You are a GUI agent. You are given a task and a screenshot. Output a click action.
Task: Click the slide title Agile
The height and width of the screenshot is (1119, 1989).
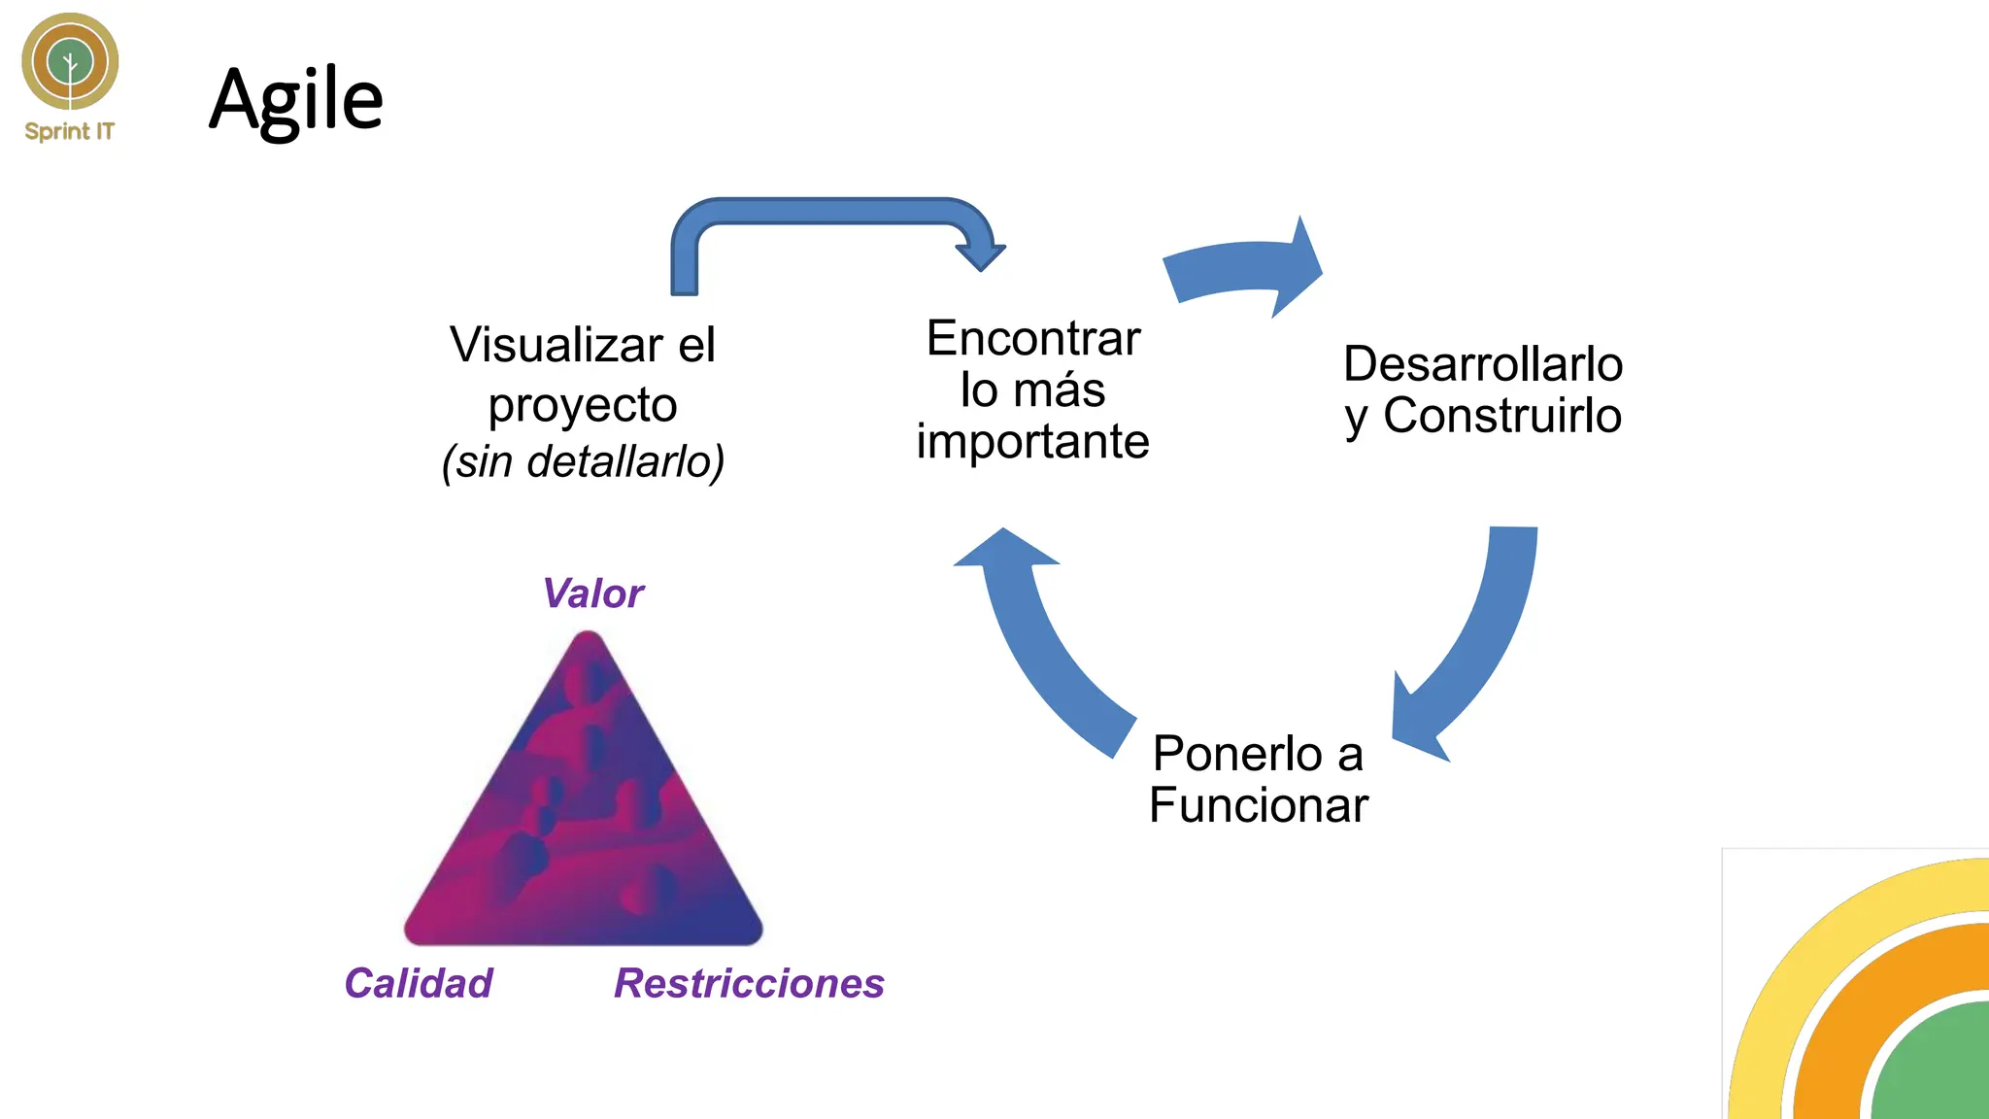coord(296,99)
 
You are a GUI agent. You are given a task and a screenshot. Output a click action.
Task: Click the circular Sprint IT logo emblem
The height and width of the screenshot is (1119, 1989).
coord(70,61)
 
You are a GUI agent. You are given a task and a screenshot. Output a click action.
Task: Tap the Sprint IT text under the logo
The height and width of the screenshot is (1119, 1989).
coord(69,131)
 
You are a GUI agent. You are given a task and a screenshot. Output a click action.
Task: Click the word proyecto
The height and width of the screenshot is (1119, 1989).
coord(582,406)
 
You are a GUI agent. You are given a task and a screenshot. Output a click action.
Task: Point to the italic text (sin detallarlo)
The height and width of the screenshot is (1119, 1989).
coord(583,461)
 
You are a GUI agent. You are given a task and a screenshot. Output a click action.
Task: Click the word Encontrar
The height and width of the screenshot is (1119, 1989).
coord(1033,339)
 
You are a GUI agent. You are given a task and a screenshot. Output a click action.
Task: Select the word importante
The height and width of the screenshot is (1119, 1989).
coord(1032,442)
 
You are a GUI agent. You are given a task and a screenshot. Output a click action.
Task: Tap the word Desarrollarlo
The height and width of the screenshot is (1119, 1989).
coord(1483,364)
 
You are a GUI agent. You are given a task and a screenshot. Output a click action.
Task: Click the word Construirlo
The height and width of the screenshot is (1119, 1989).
coord(1501,416)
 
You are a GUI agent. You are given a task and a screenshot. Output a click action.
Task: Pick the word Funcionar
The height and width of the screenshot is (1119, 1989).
coord(1259,805)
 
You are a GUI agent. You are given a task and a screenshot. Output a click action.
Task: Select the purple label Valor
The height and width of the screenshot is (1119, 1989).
coord(592,593)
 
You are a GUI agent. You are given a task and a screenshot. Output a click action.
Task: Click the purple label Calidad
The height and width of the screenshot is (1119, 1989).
coord(419,983)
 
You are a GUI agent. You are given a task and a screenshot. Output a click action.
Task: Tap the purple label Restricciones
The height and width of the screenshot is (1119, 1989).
coord(749,983)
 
